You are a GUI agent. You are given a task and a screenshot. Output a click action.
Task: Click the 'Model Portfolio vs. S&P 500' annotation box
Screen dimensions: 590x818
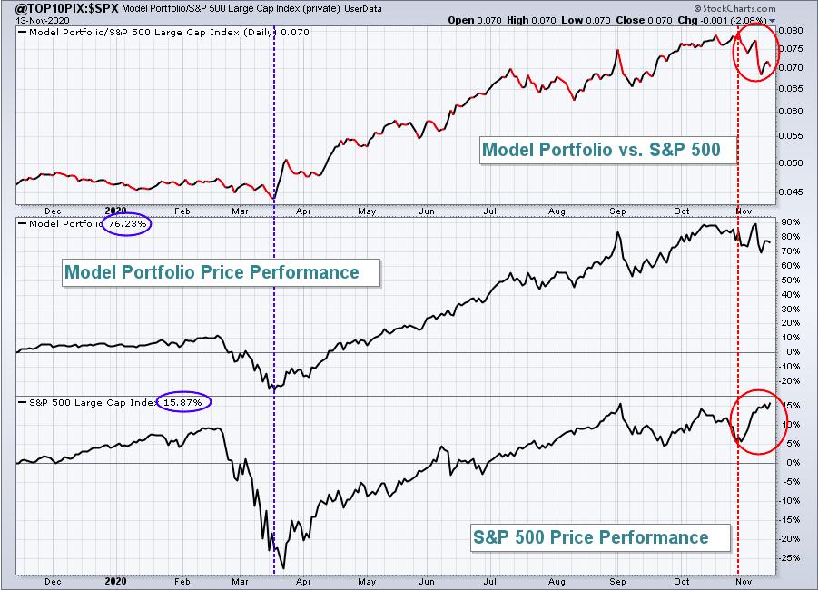coord(601,151)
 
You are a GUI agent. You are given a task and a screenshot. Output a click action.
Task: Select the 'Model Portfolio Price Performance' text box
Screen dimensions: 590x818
coord(211,272)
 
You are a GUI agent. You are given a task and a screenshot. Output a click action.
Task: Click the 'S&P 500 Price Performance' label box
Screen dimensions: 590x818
coord(590,537)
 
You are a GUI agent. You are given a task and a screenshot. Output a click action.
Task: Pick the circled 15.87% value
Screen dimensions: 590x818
coord(183,401)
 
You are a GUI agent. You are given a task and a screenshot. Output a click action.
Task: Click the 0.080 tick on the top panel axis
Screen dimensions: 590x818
coord(792,30)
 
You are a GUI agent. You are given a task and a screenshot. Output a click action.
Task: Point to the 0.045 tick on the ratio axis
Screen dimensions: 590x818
coord(792,192)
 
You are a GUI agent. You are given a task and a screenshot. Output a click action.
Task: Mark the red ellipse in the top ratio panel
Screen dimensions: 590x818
coord(755,52)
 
